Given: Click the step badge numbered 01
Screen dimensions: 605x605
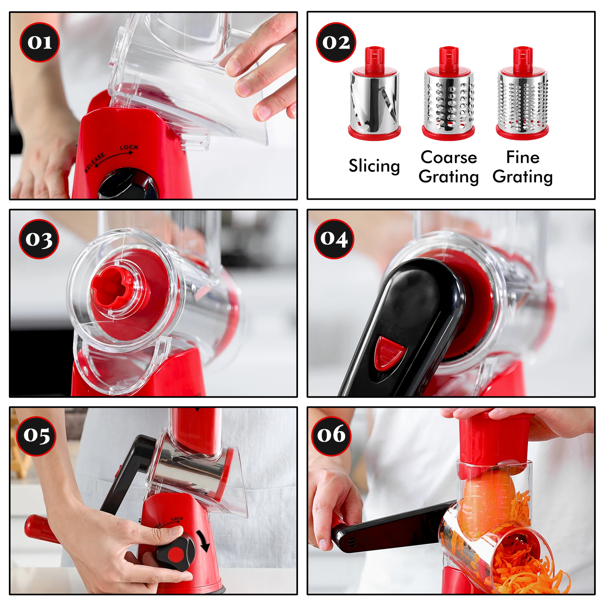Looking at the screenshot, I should pyautogui.click(x=40, y=42).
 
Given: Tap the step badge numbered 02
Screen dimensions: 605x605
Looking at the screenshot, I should pyautogui.click(x=336, y=42).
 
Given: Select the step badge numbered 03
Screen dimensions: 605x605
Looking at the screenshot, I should pyautogui.click(x=39, y=239).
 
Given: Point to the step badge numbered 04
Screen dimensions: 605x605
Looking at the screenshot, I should pyautogui.click(x=334, y=239).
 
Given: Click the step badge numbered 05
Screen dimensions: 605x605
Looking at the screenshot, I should pyautogui.click(x=37, y=436).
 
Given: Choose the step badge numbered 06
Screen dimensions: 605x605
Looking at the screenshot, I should pyautogui.click(x=331, y=436).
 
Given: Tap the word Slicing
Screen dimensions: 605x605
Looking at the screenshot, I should pyautogui.click(x=374, y=166).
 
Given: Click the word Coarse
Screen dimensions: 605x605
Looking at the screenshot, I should pyautogui.click(x=449, y=157).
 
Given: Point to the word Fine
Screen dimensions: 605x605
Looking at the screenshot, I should pyautogui.click(x=523, y=157).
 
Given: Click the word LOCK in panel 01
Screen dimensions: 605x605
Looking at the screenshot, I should pyautogui.click(x=129, y=148).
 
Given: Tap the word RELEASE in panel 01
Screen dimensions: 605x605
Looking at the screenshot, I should pyautogui.click(x=95, y=162).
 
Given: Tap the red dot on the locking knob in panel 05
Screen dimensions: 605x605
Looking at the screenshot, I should pyautogui.click(x=176, y=555).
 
